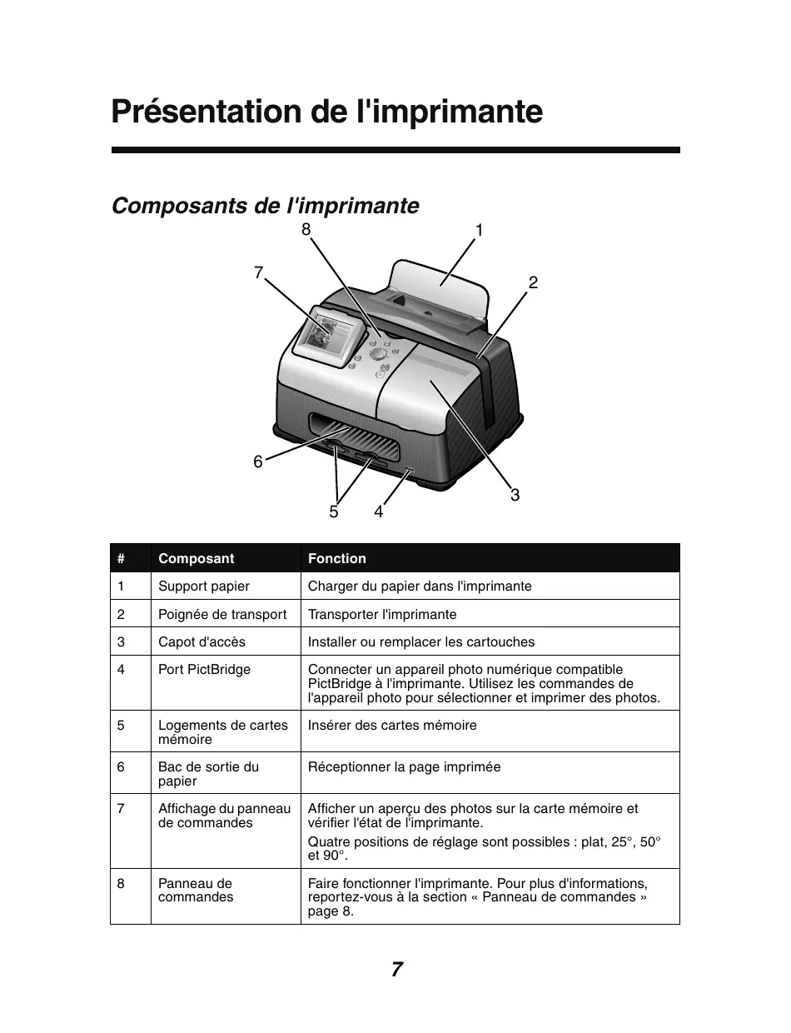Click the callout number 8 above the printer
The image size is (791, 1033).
coord(306,228)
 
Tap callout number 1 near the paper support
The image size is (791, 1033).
coord(480,231)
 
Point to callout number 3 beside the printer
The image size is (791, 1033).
coord(515,495)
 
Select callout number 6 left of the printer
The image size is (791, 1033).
coord(258,461)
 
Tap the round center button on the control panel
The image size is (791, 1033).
coord(378,354)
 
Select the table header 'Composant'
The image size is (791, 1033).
coord(197,558)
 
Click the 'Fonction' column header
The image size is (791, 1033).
coord(337,558)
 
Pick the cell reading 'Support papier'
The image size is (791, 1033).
coord(204,586)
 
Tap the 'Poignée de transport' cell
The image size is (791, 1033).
coord(222,614)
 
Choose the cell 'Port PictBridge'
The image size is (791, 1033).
coord(204,669)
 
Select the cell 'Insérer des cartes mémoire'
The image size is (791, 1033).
coord(392,725)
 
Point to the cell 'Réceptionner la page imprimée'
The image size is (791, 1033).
coord(405,766)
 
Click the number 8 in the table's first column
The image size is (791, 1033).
coord(121,883)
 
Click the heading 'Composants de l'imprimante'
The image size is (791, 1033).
coord(266,205)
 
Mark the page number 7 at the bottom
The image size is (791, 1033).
coord(396,970)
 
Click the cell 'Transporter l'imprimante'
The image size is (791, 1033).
coord(382,614)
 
